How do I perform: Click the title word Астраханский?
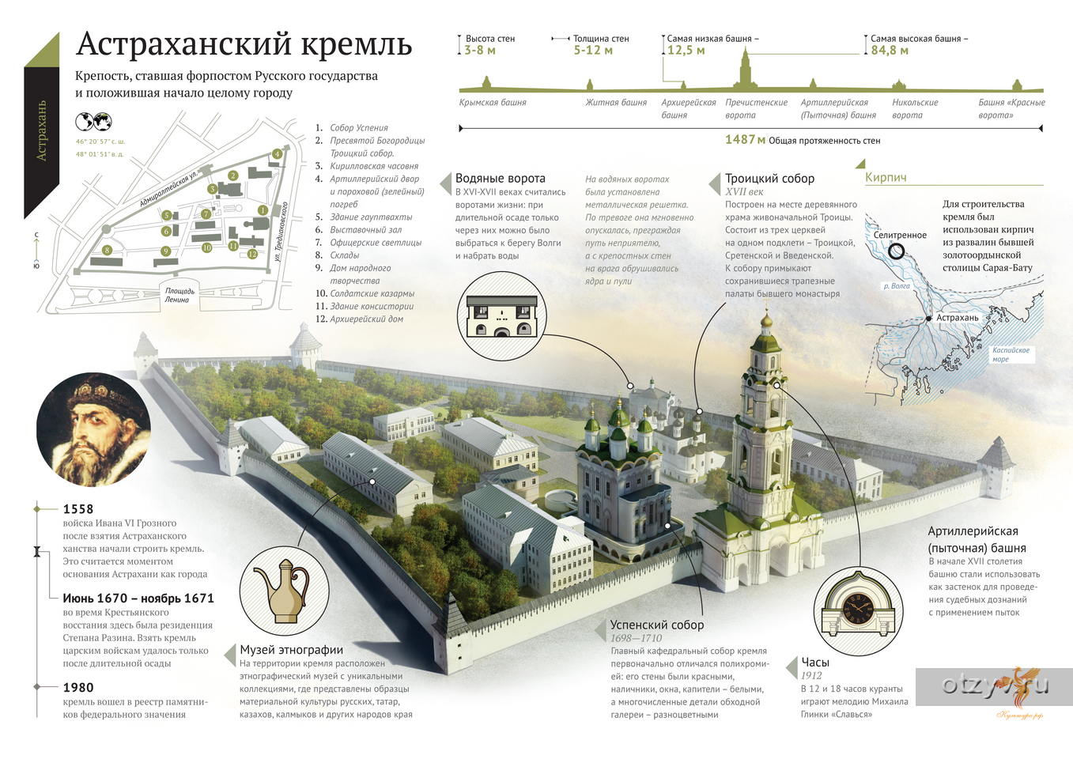[x=184, y=44]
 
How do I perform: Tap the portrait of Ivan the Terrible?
[x=94, y=429]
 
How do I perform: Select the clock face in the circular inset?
[x=858, y=608]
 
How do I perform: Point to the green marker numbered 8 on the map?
[x=108, y=250]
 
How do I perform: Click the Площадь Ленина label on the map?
[x=179, y=295]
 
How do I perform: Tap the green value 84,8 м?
[x=889, y=51]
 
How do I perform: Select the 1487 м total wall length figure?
[x=746, y=139]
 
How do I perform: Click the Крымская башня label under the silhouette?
[x=493, y=102]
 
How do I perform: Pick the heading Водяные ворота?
[x=500, y=178]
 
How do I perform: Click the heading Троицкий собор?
[x=769, y=178]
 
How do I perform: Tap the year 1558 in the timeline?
[x=78, y=508]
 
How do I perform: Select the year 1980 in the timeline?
[x=78, y=687]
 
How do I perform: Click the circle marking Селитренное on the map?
[x=896, y=251]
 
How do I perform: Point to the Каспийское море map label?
[x=1011, y=354]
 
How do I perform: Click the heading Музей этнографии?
[x=291, y=649]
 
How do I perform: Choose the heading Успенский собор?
[x=657, y=625]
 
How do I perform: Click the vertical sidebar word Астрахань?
[x=42, y=130]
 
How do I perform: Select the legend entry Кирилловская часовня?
[x=374, y=166]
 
